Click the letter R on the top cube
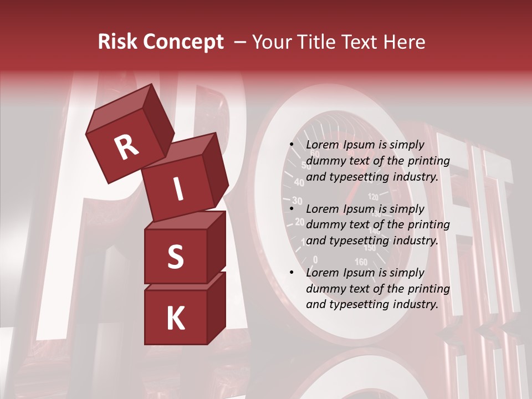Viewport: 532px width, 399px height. (126, 147)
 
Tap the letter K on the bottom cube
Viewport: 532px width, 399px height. (175, 319)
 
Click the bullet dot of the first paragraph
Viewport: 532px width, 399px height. (291, 145)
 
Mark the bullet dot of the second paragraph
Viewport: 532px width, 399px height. (291, 209)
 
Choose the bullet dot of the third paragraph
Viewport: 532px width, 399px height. (291, 273)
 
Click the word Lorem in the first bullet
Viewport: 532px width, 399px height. (321, 145)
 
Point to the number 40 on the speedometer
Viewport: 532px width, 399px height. (299, 182)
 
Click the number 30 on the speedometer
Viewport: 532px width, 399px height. (297, 201)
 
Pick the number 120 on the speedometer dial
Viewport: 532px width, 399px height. (373, 196)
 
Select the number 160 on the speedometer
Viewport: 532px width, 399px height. (361, 262)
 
